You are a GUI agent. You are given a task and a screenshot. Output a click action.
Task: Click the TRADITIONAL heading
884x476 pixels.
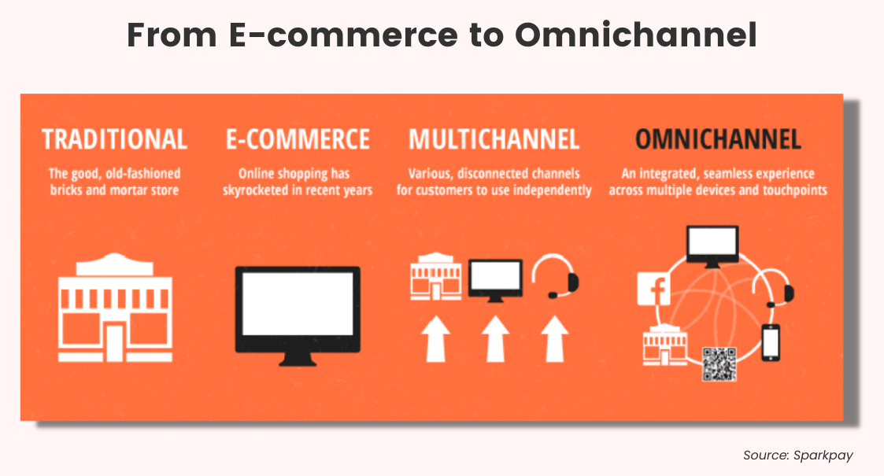point(114,139)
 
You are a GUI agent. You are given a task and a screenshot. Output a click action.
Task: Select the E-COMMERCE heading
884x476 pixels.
point(298,139)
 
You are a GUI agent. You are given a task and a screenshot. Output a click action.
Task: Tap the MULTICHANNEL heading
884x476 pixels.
point(494,139)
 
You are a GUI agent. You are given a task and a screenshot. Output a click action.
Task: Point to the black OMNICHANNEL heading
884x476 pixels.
point(718,139)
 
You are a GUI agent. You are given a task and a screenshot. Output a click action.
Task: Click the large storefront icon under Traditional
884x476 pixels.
point(116,309)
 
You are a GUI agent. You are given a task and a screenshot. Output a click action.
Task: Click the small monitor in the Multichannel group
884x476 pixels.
point(495,279)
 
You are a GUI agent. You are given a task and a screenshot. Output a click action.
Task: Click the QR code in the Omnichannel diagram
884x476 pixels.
point(719,364)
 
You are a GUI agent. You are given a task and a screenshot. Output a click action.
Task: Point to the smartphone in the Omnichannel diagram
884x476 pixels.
point(770,342)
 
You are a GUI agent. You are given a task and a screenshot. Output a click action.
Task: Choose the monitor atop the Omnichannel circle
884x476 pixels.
point(712,245)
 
